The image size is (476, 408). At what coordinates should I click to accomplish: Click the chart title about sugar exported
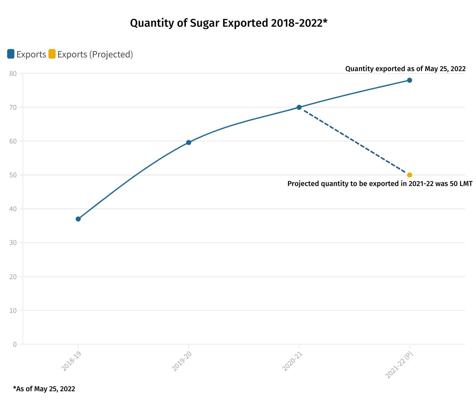click(228, 23)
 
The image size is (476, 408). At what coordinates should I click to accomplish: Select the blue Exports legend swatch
click(11, 54)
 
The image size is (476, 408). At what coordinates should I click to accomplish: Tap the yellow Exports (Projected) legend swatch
click(52, 54)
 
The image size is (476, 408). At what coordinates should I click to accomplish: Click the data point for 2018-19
click(78, 219)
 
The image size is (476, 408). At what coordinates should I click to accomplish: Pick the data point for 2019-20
click(188, 142)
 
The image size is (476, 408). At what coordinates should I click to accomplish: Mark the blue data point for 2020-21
click(299, 108)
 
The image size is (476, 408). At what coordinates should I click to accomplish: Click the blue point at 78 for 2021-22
click(409, 80)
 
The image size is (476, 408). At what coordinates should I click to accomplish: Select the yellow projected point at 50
click(409, 175)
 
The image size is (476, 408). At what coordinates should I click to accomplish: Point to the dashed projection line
click(354, 141)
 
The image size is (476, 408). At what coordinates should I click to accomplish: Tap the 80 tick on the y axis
click(13, 73)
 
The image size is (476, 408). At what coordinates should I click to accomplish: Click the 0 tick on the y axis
click(15, 344)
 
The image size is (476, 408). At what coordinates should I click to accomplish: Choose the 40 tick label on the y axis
click(13, 209)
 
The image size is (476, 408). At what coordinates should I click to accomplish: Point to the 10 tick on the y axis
click(13, 310)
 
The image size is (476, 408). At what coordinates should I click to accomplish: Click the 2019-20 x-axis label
click(182, 361)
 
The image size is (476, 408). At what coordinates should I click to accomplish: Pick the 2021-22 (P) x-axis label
click(399, 364)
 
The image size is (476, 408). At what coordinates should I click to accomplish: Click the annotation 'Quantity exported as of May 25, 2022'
click(405, 69)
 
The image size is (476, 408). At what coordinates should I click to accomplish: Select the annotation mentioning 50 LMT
click(380, 184)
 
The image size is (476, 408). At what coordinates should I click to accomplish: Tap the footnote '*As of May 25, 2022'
click(44, 389)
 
